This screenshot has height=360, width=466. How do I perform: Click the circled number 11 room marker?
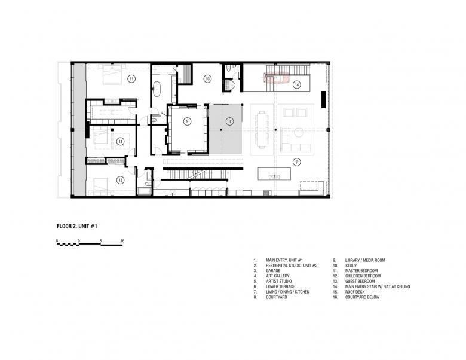pyautogui.click(x=131, y=79)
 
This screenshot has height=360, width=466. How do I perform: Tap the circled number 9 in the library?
pyautogui.click(x=187, y=121)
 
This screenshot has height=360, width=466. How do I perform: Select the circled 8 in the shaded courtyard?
pyautogui.click(x=229, y=121)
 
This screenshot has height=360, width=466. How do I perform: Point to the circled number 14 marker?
pyautogui.click(x=296, y=84)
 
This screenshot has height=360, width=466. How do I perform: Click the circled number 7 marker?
pyautogui.click(x=296, y=162)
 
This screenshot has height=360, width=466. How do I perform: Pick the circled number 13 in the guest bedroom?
pyautogui.click(x=120, y=180)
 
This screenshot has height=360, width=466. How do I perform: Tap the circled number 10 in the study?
pyautogui.click(x=207, y=79)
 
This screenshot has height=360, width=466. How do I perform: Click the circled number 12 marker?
pyautogui.click(x=120, y=141)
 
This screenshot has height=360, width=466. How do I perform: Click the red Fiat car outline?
pyautogui.click(x=276, y=78)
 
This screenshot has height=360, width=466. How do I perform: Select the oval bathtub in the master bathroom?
pyautogui.click(x=157, y=89)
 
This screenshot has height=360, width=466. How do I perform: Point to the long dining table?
pyautogui.click(x=262, y=129)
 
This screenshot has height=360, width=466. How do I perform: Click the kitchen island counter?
pyautogui.click(x=274, y=174)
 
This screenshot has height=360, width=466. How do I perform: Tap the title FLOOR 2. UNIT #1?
pyautogui.click(x=77, y=227)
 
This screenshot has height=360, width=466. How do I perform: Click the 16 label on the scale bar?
pyautogui.click(x=122, y=240)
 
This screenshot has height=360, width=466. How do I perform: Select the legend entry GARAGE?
pyautogui.click(x=273, y=271)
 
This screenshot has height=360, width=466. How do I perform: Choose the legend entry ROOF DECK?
pyautogui.click(x=355, y=292)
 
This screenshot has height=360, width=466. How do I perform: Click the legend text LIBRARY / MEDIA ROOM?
pyautogui.click(x=365, y=260)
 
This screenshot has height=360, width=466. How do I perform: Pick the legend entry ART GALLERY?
pyautogui.click(x=278, y=276)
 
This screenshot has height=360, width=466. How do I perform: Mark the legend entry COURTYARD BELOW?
pyautogui.click(x=362, y=297)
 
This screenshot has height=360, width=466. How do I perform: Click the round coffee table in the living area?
pyautogui.click(x=299, y=132)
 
